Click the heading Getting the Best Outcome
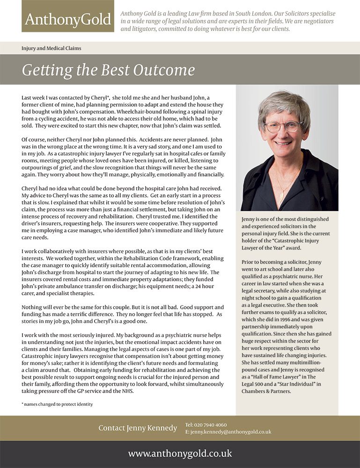pyautogui.click(x=108, y=70)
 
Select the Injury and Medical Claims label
pyautogui.click(x=51, y=48)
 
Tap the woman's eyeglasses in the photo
pyautogui.click(x=282, y=126)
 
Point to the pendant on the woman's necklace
pyautogui.click(x=282, y=193)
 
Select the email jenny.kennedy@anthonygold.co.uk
pyautogui.click(x=230, y=432)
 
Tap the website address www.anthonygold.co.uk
pyautogui.click(x=180, y=453)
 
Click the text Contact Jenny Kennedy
pyautogui.click(x=138, y=428)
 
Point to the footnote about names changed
pyautogui.click(x=57, y=404)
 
